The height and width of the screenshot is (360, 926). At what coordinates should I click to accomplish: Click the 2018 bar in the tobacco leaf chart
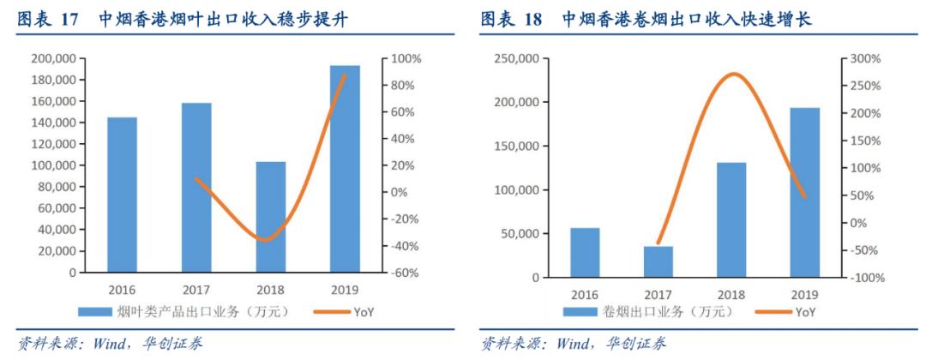pos(271,217)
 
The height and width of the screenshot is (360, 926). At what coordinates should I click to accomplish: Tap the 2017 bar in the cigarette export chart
pos(658,261)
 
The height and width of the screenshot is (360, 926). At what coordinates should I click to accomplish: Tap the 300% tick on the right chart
pos(863,59)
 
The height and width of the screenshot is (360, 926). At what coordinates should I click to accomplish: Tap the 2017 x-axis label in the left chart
pos(196,290)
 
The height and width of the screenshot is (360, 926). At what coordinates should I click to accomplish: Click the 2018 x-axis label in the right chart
pos(731,294)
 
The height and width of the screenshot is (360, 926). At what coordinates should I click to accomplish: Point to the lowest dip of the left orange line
pos(267,240)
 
